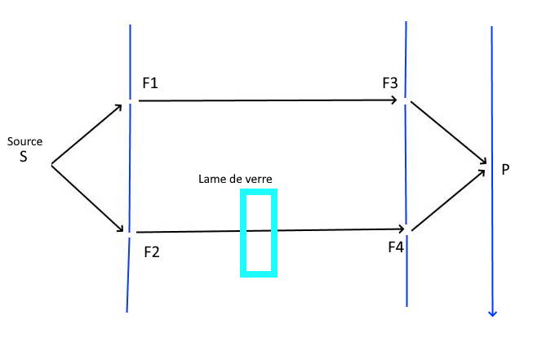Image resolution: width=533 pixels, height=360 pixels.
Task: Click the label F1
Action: (151, 83)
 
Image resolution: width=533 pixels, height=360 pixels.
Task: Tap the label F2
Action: (152, 251)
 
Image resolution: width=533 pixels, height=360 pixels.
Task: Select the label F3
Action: (390, 83)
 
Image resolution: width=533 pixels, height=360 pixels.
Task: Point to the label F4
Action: (396, 246)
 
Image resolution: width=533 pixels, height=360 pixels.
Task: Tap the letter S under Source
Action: (24, 156)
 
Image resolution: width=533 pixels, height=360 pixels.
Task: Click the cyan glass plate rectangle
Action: (259, 192)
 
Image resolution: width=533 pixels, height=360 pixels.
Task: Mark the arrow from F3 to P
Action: (449, 132)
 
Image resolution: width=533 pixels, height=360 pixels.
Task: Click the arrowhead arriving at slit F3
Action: (394, 100)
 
